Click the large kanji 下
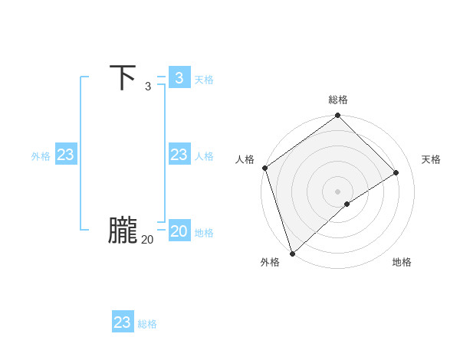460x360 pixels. [x=123, y=78]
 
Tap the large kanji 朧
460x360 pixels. [x=123, y=231]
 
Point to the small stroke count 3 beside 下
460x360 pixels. [x=148, y=87]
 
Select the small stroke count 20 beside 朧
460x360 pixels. [x=147, y=240]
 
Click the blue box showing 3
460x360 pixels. [x=179, y=78]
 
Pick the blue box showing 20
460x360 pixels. [x=179, y=231]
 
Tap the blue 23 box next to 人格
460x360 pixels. [x=179, y=155]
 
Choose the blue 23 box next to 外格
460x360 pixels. [x=66, y=155]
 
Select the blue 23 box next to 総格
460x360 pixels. [x=123, y=322]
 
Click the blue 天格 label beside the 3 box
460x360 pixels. [x=204, y=80]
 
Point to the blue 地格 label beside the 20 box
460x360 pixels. [x=204, y=233]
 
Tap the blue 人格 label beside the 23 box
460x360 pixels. [x=204, y=156]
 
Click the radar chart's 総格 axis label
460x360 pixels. [x=338, y=100]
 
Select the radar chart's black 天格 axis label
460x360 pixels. [x=431, y=159]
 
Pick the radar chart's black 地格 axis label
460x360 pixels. [x=402, y=263]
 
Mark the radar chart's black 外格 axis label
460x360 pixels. [x=270, y=263]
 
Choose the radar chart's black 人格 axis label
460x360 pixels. [x=245, y=159]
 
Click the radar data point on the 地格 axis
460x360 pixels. [x=347, y=204]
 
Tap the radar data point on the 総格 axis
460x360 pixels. [x=338, y=116]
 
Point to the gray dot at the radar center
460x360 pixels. [x=338, y=191]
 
